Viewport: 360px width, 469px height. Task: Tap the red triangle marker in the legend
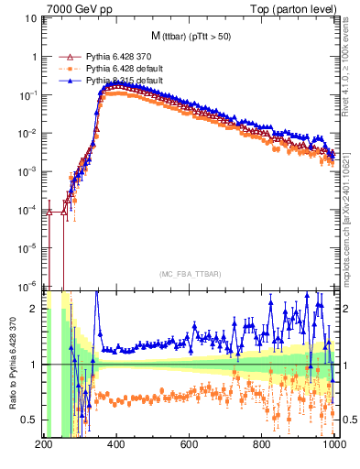[x=63, y=57]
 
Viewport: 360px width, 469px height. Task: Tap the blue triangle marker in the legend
[x=63, y=81]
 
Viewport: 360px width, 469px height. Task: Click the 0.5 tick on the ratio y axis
[x=27, y=420]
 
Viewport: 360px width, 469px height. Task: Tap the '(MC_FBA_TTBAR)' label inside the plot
[x=189, y=274]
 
